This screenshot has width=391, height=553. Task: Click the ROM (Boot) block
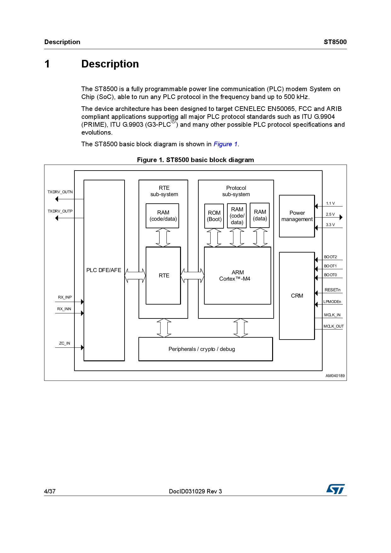click(214, 216)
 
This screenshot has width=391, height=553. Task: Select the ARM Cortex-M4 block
click(237, 276)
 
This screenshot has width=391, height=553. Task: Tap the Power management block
click(297, 216)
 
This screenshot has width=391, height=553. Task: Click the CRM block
click(297, 296)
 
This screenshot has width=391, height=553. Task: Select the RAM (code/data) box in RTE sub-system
click(162, 216)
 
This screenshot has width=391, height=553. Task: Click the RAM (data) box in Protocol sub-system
click(260, 215)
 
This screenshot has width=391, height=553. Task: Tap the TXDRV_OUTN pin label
click(60, 192)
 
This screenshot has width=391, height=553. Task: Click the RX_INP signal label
click(65, 297)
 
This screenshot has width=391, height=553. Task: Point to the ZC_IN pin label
click(64, 343)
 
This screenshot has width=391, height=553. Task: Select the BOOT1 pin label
click(330, 266)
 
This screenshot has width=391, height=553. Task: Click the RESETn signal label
click(332, 290)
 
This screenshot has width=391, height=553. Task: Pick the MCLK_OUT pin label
click(333, 326)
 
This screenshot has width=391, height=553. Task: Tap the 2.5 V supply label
click(330, 214)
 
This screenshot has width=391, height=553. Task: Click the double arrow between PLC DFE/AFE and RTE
click(135, 276)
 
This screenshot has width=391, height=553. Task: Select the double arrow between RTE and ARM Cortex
click(192, 276)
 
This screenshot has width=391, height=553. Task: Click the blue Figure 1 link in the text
click(225, 144)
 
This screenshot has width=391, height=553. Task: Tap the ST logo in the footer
click(336, 489)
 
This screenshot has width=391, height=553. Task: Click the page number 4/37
click(50, 491)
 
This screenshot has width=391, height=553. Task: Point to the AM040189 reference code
click(335, 376)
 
